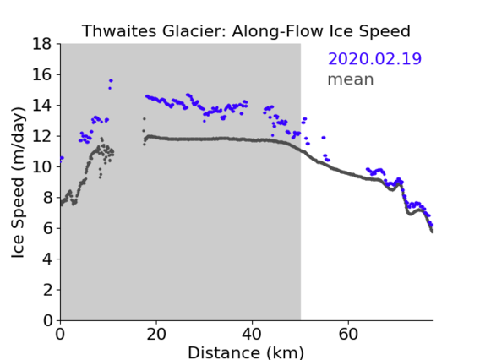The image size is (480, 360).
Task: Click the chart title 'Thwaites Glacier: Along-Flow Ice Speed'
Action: point(246,31)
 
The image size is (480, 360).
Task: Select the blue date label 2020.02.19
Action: point(374,58)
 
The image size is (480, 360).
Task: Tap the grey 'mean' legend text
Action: point(351,79)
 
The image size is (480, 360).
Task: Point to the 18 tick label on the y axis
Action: point(42,44)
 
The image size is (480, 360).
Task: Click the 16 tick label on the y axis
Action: point(42,74)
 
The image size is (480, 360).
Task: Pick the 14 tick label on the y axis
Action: point(42,106)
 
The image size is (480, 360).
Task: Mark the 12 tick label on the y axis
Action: point(42,136)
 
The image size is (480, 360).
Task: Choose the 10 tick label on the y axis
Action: point(42,167)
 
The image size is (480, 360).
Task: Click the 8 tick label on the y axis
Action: point(47,198)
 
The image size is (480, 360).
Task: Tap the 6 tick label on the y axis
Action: point(47,229)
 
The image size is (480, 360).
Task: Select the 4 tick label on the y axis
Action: point(47,259)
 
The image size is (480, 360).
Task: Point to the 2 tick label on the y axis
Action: point(47,290)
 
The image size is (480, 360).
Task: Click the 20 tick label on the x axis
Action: point(156,334)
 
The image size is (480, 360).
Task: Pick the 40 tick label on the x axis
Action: point(252,334)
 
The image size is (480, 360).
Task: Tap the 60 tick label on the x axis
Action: point(348,334)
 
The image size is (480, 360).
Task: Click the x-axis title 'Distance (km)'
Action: point(246,352)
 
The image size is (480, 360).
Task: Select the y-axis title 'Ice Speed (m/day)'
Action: point(18,183)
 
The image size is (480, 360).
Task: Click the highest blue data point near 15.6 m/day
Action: point(111,80)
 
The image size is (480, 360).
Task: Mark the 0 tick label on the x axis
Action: point(60,334)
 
